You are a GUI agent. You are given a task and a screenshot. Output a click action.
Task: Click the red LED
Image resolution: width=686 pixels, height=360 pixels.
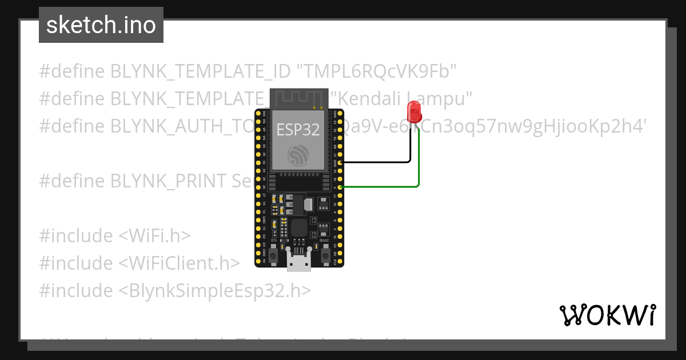pos(413,111)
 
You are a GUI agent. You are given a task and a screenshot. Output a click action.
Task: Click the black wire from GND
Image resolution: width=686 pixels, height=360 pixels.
pos(383,162)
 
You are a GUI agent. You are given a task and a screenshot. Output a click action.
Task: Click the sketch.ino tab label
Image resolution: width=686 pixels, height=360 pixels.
pos(101,25)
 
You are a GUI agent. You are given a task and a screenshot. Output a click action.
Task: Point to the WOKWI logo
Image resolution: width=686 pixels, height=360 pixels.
pos(608,314)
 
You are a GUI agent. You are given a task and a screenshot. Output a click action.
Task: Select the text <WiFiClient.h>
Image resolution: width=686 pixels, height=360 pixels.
pos(180,263)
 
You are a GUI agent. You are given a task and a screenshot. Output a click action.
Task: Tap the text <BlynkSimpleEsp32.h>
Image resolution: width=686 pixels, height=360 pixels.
pos(215,290)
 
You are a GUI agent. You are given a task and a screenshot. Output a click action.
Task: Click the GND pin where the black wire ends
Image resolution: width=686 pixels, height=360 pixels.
pos(341,163)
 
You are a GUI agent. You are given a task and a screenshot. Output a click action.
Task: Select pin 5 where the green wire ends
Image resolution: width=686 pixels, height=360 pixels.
pos(341,187)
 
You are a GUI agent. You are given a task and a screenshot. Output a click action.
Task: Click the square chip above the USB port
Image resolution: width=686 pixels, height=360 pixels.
pos(298,227)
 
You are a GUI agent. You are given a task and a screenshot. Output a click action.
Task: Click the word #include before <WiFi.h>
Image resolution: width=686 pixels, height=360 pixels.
pos(76,235)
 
